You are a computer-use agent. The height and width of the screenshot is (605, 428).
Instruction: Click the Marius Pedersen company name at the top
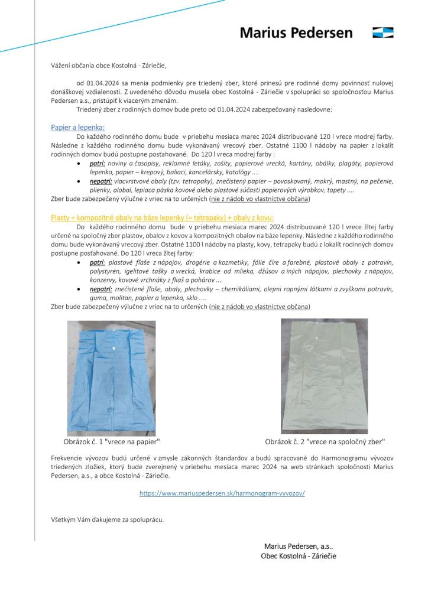(x=296, y=32)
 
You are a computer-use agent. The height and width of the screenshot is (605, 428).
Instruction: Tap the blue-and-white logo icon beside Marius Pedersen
(x=383, y=32)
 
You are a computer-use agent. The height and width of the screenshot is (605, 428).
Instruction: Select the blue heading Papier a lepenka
(x=77, y=127)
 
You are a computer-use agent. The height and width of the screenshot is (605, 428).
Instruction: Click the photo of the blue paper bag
(x=111, y=376)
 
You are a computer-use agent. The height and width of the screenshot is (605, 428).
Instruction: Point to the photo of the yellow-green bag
(x=324, y=376)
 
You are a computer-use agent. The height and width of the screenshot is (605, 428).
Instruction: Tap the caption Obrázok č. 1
(x=112, y=441)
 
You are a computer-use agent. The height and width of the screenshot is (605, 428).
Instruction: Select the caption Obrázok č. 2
(x=325, y=441)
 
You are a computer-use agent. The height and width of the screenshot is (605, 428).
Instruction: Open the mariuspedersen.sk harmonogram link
(x=222, y=492)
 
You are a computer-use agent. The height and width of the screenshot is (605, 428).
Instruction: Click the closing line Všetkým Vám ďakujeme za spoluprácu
(x=107, y=519)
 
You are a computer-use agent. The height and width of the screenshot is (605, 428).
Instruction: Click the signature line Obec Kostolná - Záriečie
(x=299, y=556)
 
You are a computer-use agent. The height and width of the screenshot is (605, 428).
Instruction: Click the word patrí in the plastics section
(x=98, y=261)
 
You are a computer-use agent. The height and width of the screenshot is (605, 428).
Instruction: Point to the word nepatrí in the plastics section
(x=101, y=289)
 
